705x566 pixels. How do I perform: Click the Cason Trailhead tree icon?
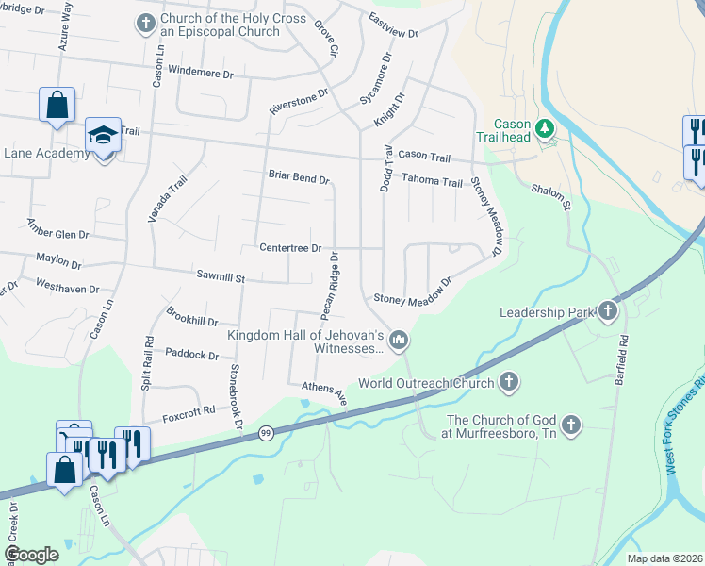(544, 127)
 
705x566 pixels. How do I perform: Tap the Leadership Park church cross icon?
(608, 310)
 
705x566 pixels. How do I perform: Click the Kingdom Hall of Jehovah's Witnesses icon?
(399, 339)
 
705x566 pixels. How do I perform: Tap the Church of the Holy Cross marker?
(145, 23)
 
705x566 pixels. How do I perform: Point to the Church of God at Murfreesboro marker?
(569, 427)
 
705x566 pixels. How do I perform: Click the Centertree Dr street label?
(291, 248)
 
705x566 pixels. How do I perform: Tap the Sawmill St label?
(221, 278)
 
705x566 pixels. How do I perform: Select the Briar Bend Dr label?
(299, 178)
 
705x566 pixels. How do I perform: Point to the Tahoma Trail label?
(432, 181)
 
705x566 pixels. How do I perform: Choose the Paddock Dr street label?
(191, 356)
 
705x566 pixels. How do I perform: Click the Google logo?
(31, 554)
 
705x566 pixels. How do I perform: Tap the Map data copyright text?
(664, 558)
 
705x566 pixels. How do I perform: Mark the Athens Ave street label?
(326, 392)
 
